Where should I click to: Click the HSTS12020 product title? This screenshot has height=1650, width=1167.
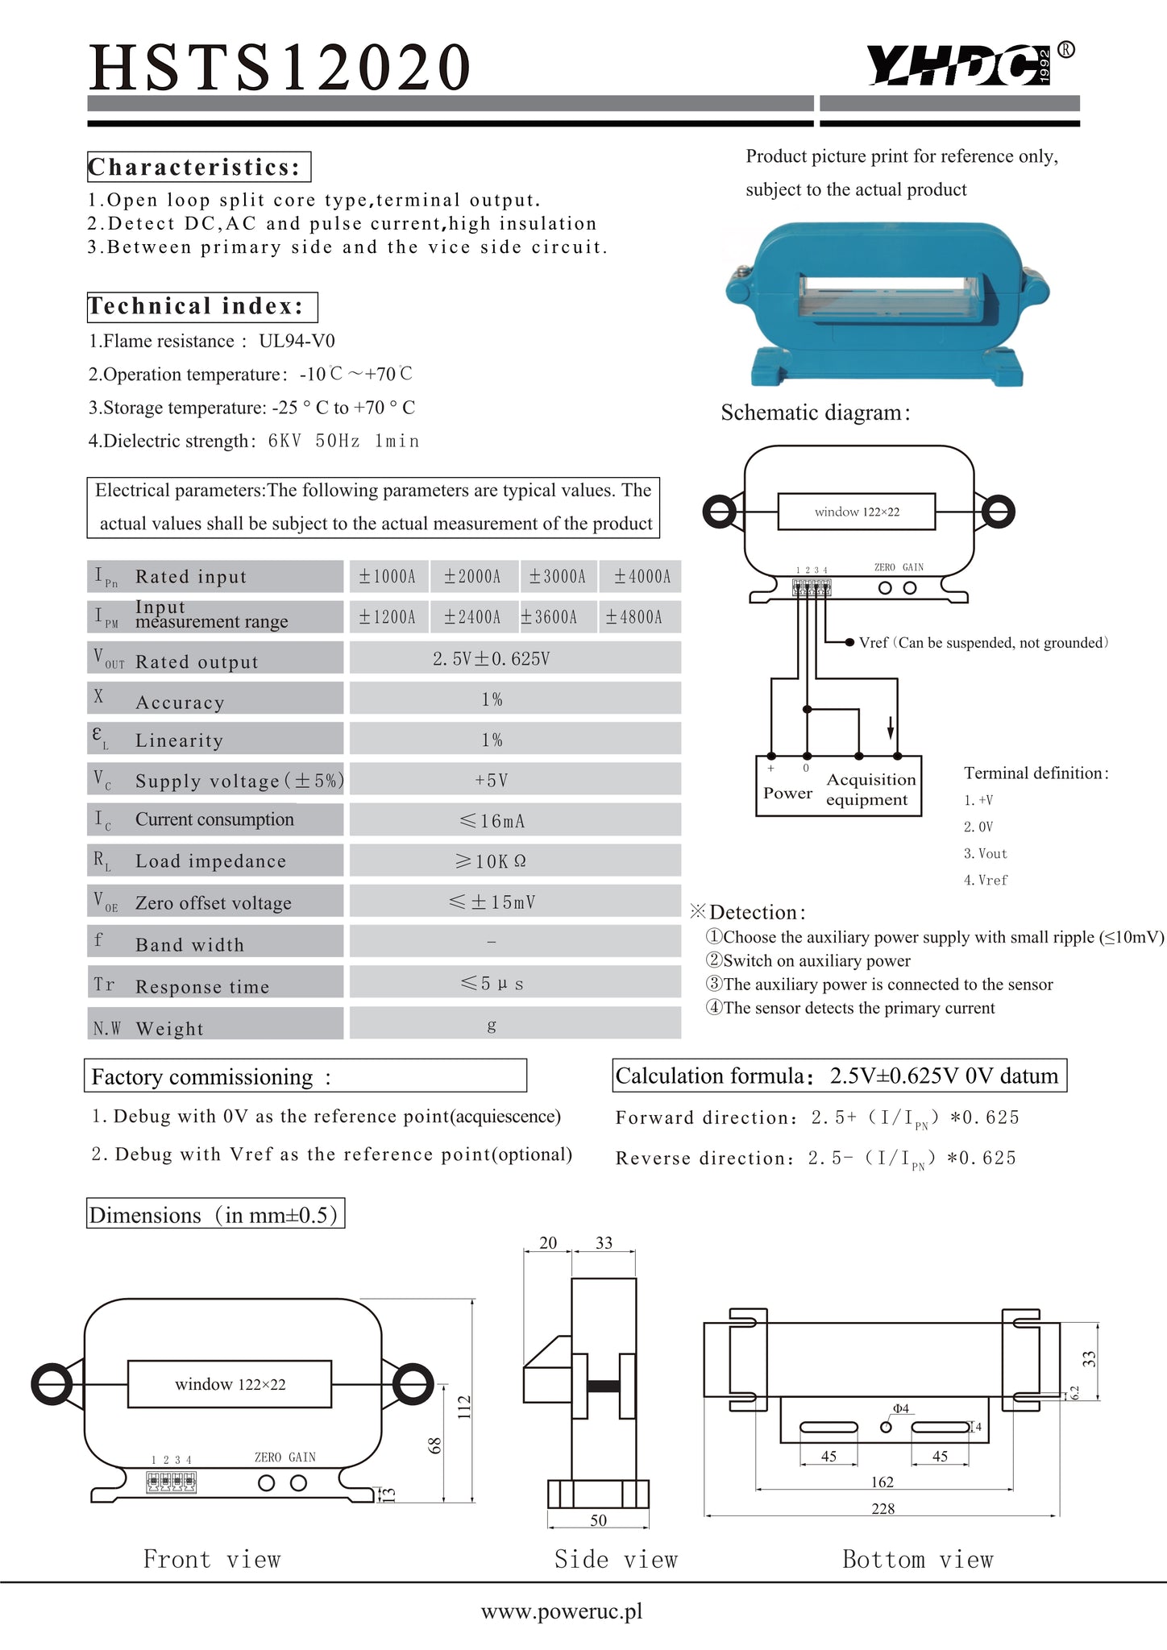click(280, 67)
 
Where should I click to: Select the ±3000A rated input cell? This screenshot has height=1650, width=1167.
click(558, 577)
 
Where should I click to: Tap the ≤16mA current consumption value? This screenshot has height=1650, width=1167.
click(492, 821)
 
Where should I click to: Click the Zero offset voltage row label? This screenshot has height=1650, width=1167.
click(213, 903)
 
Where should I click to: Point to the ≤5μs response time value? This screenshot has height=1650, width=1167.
click(492, 984)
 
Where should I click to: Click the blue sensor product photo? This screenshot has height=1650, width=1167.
click(887, 304)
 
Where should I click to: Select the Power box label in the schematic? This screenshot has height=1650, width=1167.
click(787, 793)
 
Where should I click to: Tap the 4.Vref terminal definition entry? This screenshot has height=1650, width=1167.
click(986, 881)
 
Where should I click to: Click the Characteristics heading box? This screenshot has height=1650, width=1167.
click(198, 167)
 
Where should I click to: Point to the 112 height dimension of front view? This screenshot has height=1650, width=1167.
click(464, 1407)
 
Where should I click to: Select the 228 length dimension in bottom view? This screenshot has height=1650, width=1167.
click(883, 1509)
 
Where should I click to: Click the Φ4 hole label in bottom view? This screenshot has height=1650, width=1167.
click(900, 1409)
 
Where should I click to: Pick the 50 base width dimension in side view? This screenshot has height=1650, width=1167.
click(598, 1520)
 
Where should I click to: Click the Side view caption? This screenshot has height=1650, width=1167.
click(616, 1560)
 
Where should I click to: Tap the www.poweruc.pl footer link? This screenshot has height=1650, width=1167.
click(562, 1611)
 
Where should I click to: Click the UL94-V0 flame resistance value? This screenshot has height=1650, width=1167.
click(297, 341)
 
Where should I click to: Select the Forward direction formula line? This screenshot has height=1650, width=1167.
click(817, 1118)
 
